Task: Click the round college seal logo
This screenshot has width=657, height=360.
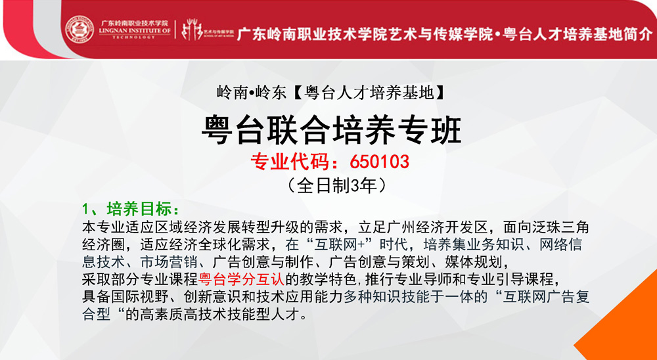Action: click(79, 30)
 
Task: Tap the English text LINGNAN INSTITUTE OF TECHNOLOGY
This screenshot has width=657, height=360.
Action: click(135, 34)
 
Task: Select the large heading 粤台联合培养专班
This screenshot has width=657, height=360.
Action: click(331, 131)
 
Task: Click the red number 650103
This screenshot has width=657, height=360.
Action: click(379, 162)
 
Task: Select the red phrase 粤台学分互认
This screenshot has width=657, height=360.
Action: click(241, 278)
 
